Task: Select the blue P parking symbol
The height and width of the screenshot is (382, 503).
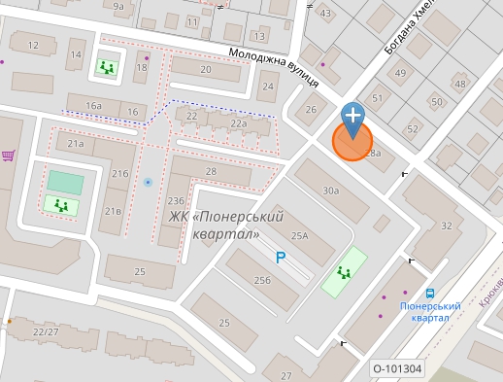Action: point(281,258)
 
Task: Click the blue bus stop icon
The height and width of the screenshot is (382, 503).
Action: point(429,293)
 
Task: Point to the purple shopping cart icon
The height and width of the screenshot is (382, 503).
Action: point(8,155)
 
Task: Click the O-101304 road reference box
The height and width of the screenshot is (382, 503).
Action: point(397,368)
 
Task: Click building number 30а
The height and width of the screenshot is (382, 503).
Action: point(331,191)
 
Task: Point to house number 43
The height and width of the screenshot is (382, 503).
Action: point(325,13)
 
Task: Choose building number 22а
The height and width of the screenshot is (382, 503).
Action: point(239,123)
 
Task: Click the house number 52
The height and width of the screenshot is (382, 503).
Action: point(413,128)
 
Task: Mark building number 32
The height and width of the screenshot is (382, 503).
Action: point(446,226)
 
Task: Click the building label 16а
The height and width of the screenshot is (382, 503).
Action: point(93,105)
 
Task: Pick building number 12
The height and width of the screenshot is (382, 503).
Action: point(34,45)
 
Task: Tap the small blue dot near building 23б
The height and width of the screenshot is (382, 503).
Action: point(148,182)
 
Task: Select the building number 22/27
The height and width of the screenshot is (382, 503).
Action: point(46,331)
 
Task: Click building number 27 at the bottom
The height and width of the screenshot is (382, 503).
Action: point(285,375)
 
